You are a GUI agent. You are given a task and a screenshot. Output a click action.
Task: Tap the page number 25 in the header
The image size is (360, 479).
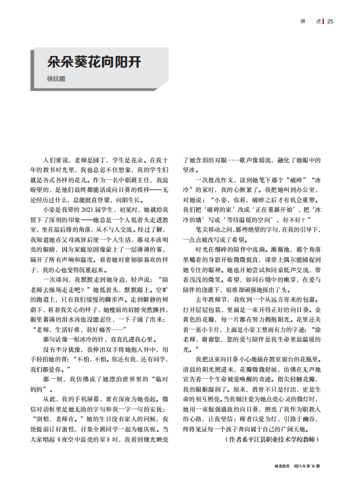click(330, 22)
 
